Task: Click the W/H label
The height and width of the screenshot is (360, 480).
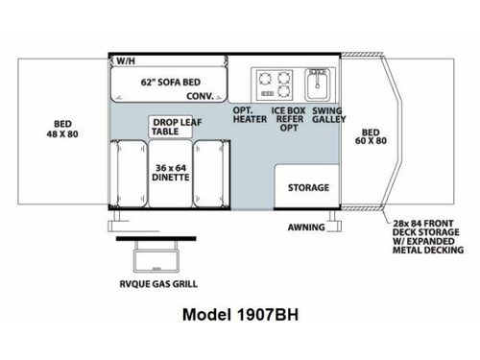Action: (126, 60)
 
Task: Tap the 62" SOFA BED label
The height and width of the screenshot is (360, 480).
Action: (164, 82)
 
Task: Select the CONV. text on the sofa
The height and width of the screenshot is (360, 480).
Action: (199, 96)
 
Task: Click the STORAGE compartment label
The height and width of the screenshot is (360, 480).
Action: (308, 187)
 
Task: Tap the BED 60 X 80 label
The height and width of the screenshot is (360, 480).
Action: (372, 137)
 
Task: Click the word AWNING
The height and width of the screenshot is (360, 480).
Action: (306, 228)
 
